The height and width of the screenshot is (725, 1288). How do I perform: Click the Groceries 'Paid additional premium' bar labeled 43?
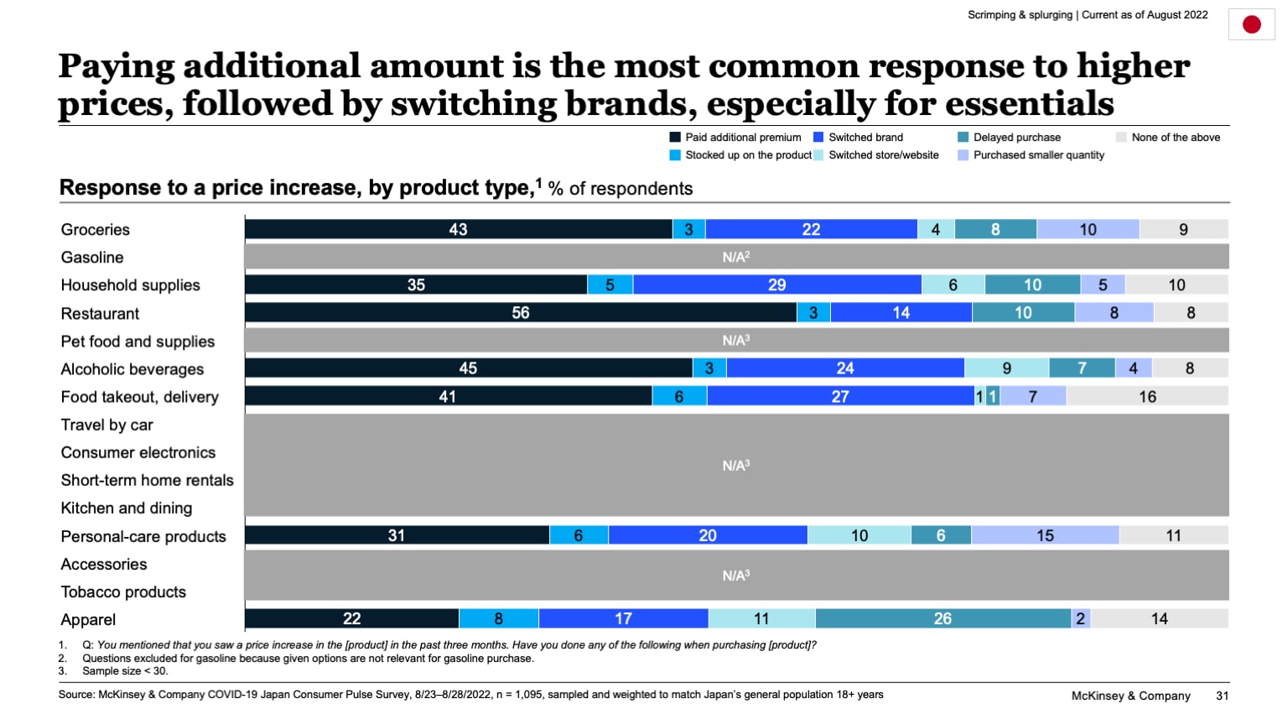[458, 229]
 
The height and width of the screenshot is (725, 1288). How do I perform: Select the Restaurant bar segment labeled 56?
[520, 313]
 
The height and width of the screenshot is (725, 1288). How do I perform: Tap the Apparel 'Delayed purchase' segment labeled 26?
[943, 618]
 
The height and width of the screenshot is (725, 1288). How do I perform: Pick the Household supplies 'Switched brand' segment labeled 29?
[776, 285]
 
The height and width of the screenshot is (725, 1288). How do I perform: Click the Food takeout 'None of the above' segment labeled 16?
[1147, 396]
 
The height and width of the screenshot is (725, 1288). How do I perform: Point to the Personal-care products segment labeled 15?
[1045, 535]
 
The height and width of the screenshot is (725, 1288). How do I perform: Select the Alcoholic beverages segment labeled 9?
[1006, 368]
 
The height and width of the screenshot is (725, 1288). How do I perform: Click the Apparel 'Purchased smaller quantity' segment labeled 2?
[1081, 618]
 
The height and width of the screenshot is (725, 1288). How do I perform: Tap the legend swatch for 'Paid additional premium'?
[675, 138]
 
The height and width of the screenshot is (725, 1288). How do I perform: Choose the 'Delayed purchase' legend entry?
[1016, 138]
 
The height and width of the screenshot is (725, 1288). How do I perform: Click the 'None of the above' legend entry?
[1175, 138]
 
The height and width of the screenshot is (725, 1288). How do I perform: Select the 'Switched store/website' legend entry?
[883, 155]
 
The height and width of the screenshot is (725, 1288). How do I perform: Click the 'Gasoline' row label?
[92, 258]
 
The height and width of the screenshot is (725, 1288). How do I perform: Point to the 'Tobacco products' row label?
[123, 592]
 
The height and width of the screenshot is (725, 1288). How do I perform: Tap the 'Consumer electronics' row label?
[138, 453]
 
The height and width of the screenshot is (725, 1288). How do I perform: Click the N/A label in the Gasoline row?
[735, 258]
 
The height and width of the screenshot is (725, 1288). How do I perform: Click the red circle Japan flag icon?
[1251, 24]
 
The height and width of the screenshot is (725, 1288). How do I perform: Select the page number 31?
[1222, 696]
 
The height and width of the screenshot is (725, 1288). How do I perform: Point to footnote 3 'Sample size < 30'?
[125, 671]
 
